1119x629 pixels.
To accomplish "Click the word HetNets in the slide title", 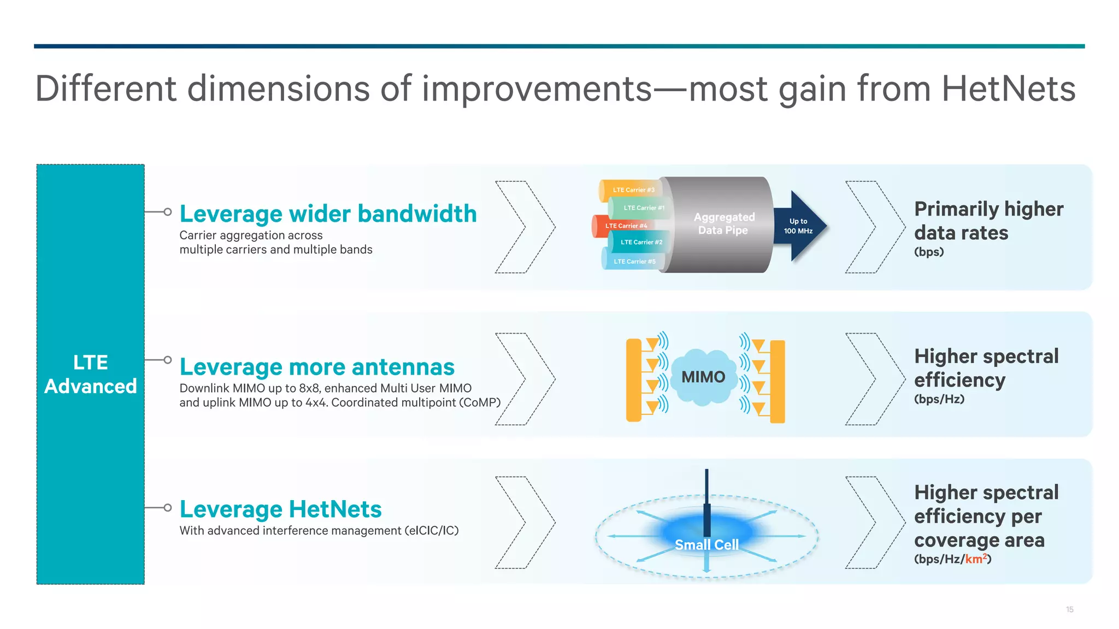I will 1008,88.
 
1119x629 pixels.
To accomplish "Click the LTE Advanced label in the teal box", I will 91,374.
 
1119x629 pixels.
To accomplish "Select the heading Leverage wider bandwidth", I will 328,213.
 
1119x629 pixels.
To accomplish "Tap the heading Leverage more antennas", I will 317,367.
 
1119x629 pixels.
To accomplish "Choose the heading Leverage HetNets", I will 280,509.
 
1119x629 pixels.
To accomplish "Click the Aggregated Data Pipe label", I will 723,224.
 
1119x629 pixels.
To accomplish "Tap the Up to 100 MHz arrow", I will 799,226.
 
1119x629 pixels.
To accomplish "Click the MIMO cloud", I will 703,377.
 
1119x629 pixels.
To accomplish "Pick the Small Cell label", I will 706,545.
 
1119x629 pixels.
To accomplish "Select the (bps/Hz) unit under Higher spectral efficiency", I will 939,399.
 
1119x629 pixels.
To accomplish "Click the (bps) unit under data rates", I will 929,252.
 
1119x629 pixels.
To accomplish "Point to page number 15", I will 1069,609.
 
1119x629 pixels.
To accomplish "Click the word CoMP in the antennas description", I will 479,403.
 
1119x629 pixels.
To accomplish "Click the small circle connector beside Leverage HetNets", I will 168,508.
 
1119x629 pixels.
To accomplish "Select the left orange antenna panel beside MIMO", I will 633,380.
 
